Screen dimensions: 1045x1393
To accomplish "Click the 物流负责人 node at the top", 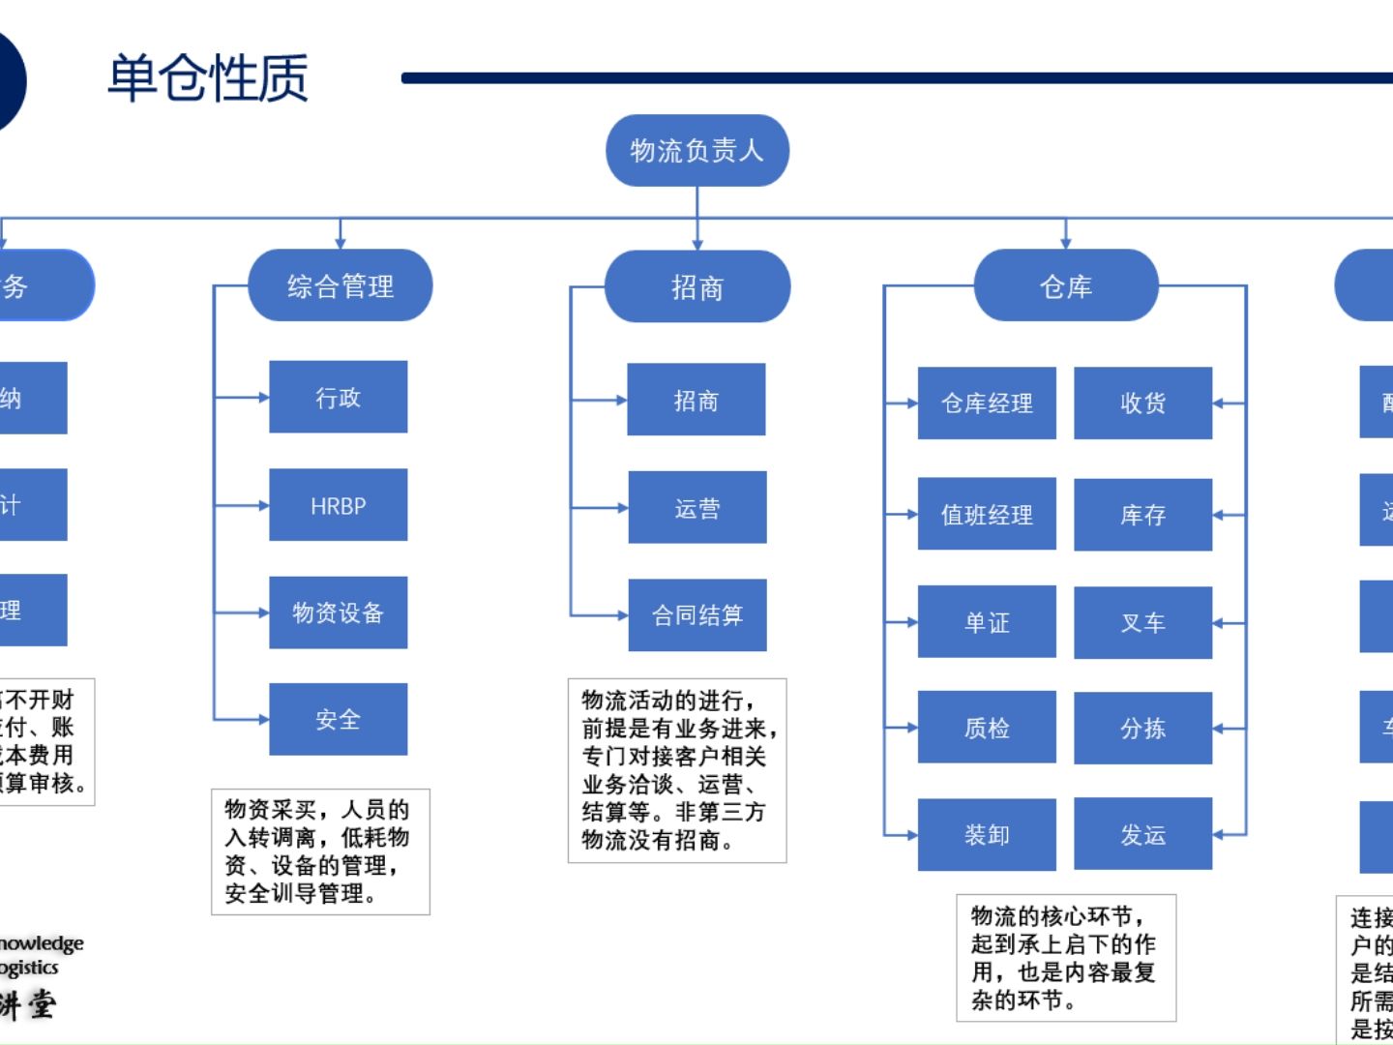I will click(x=696, y=151).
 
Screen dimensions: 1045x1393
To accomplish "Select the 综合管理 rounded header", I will click(x=340, y=285).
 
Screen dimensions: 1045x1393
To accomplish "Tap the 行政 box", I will click(x=338, y=397).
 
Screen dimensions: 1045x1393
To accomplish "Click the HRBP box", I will click(x=338, y=505).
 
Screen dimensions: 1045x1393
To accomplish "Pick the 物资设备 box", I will click(x=338, y=612).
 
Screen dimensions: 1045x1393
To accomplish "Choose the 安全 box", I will click(x=338, y=719).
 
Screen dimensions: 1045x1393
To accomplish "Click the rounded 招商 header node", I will click(x=696, y=286).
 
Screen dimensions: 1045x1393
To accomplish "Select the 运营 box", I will click(x=696, y=508).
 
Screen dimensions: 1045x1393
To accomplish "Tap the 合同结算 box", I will click(x=696, y=615).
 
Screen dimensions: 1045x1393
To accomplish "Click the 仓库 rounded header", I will click(x=1065, y=285).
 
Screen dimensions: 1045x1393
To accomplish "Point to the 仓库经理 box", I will click(x=987, y=403).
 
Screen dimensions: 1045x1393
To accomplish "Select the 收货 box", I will click(x=1142, y=403).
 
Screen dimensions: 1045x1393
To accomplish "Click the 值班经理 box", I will click(x=987, y=514).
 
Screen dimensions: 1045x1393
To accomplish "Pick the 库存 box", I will click(x=1142, y=515).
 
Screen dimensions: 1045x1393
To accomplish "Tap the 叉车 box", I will click(x=1142, y=622).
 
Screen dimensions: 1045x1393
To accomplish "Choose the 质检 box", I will click(x=987, y=728).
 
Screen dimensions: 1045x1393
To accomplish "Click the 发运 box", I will click(x=1142, y=834).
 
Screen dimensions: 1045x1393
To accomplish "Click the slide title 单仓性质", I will click(x=207, y=77).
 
